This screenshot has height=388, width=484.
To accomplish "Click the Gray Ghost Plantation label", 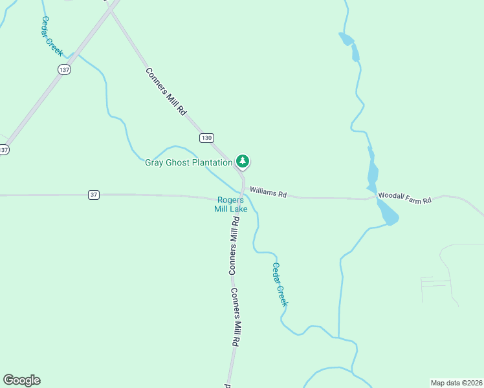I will [188, 163].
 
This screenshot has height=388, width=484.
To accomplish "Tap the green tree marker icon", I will [243, 161].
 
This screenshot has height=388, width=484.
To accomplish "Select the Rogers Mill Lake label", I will [232, 204].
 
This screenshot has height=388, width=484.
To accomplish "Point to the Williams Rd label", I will [268, 192].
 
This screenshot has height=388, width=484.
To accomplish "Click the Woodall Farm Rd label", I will [404, 197].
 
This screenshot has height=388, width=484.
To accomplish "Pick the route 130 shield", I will [206, 138].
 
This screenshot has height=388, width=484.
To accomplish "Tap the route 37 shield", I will [94, 195].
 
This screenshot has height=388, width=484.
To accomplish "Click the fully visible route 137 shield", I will [63, 70].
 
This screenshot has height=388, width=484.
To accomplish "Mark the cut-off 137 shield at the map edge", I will [4, 149].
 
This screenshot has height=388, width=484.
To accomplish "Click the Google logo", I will [21, 380].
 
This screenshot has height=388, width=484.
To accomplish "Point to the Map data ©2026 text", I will [457, 382].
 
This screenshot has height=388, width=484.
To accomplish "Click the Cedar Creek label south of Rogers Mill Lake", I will [280, 285].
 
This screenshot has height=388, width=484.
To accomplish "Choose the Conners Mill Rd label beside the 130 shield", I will [166, 92].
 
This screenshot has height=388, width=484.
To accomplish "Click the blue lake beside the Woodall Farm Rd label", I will [388, 213].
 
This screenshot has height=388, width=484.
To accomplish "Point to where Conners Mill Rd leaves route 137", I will [112, 9].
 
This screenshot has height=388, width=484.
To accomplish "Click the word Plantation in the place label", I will [208, 163].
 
